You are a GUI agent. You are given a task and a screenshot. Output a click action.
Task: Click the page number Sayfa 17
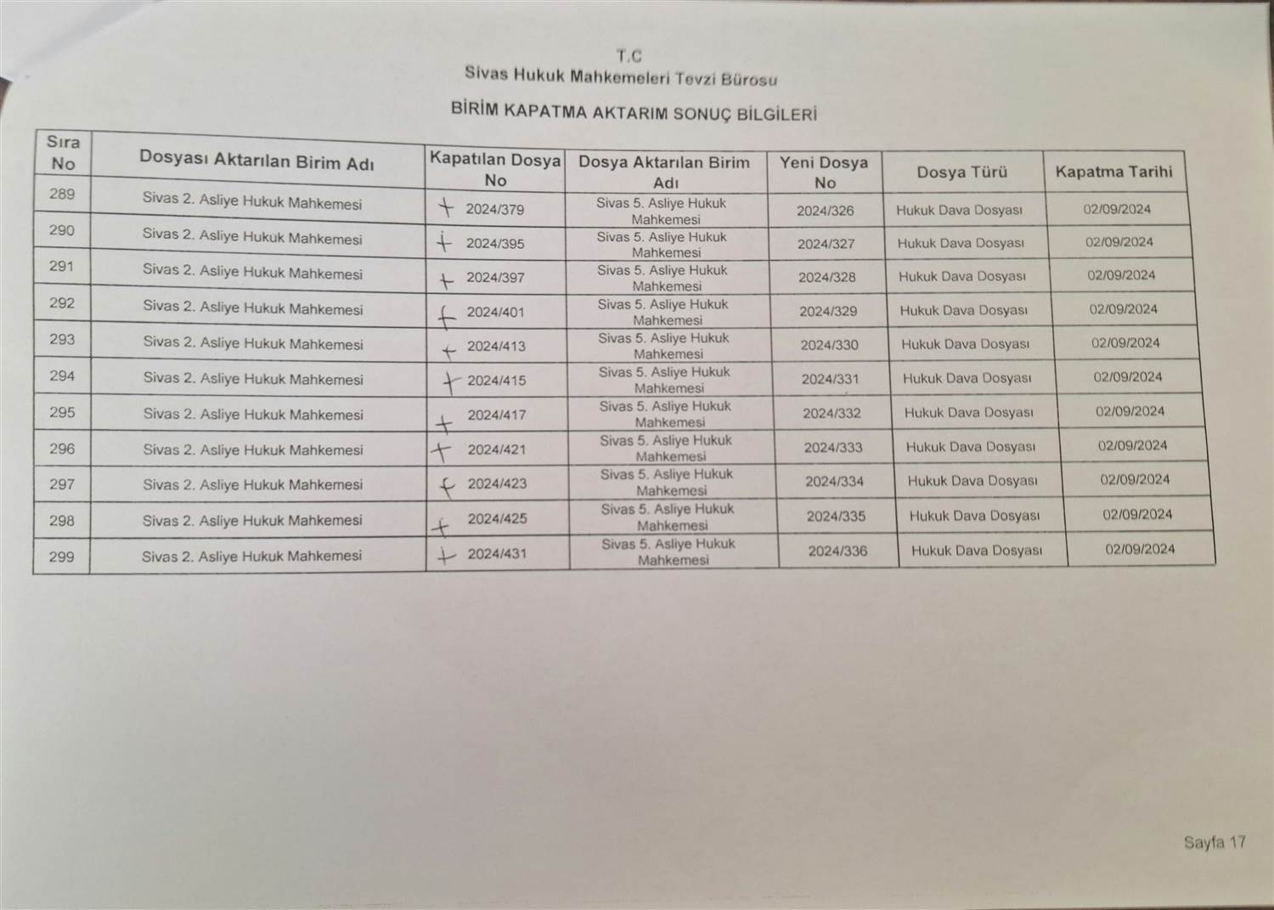pos(1215,843)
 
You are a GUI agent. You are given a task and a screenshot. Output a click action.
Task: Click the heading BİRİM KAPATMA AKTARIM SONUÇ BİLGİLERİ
pos(634,113)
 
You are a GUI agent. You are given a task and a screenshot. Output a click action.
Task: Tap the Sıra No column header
pos(63,153)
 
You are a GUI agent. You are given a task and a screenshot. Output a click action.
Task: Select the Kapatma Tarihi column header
pos(1113,172)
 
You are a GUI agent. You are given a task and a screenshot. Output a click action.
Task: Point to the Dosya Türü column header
pos(961,172)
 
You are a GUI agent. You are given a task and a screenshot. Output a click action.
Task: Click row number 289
pos(62,194)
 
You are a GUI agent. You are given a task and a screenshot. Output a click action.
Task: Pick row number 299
pos(61,557)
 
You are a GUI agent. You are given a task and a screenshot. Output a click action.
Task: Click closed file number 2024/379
pos(495,210)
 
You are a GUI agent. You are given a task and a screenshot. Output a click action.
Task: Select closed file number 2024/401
pos(496,312)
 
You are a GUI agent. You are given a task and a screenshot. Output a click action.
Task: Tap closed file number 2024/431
pos(497,554)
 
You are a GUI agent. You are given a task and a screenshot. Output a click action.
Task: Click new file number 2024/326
pos(825,211)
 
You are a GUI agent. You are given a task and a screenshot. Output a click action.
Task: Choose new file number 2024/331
pos(830,379)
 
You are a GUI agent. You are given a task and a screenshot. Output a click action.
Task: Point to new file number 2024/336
pos(837,551)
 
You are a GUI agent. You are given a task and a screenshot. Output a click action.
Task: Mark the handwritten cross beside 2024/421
pos(440,451)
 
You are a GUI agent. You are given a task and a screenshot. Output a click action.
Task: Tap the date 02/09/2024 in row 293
pos(1125,343)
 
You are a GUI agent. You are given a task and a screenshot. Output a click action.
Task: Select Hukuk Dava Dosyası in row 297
pos(972,481)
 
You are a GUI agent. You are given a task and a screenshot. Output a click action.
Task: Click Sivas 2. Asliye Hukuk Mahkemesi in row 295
pos(253,415)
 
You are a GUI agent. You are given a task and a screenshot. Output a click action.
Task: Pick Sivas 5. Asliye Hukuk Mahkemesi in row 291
pos(662,278)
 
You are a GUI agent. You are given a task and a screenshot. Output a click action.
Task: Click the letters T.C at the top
pos(629,57)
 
